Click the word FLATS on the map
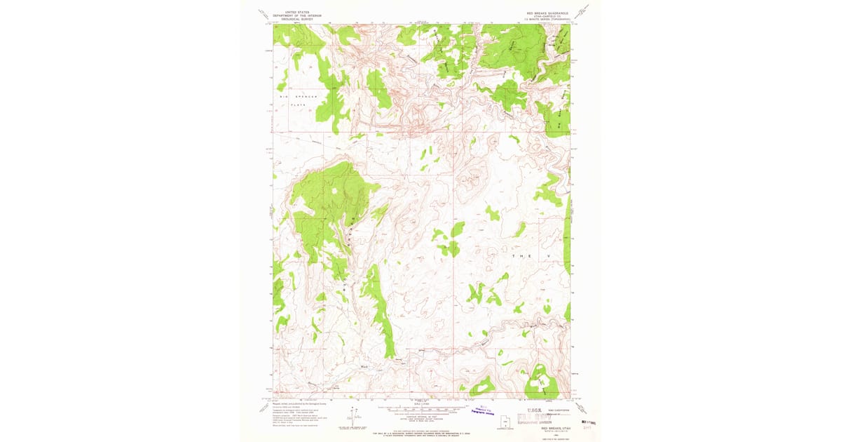coord(299,105)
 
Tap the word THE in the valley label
coord(517,257)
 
